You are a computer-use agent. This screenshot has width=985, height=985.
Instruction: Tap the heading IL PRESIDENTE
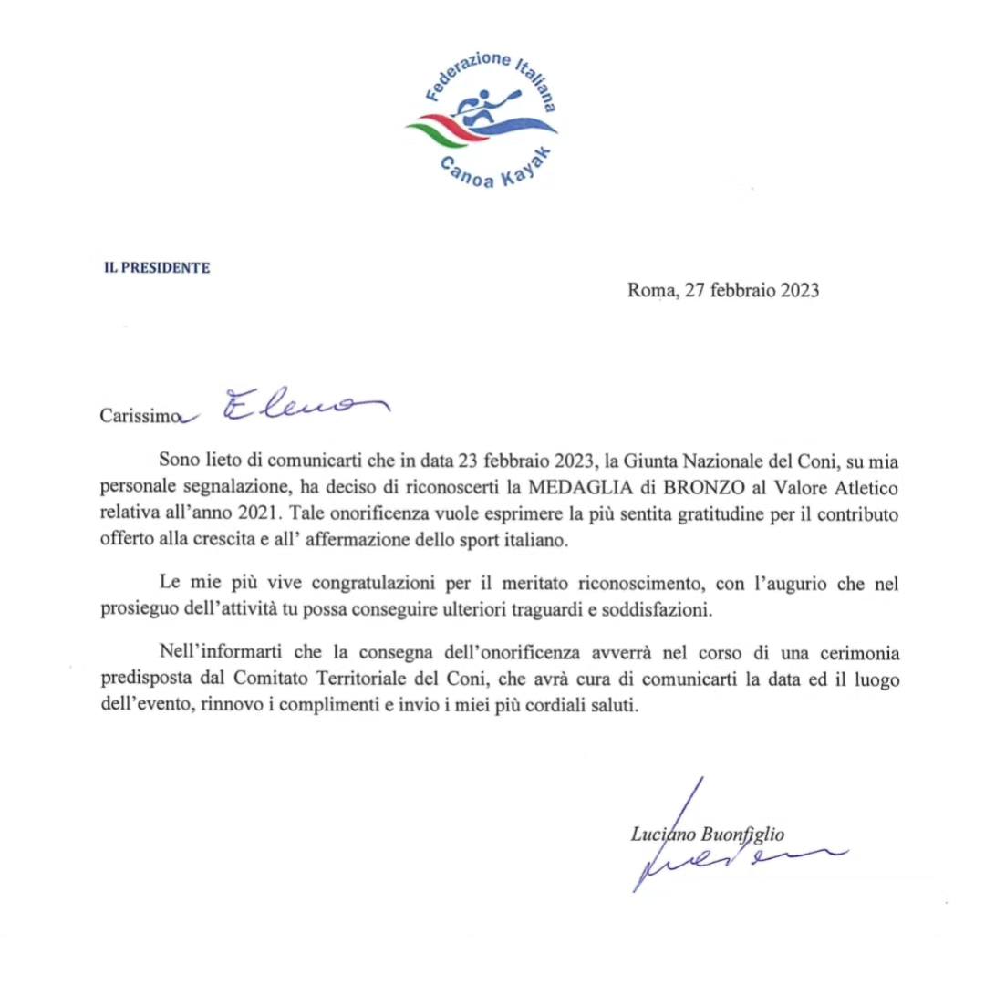tap(157, 268)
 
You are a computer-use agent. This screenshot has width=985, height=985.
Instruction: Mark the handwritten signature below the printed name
tap(730, 862)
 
